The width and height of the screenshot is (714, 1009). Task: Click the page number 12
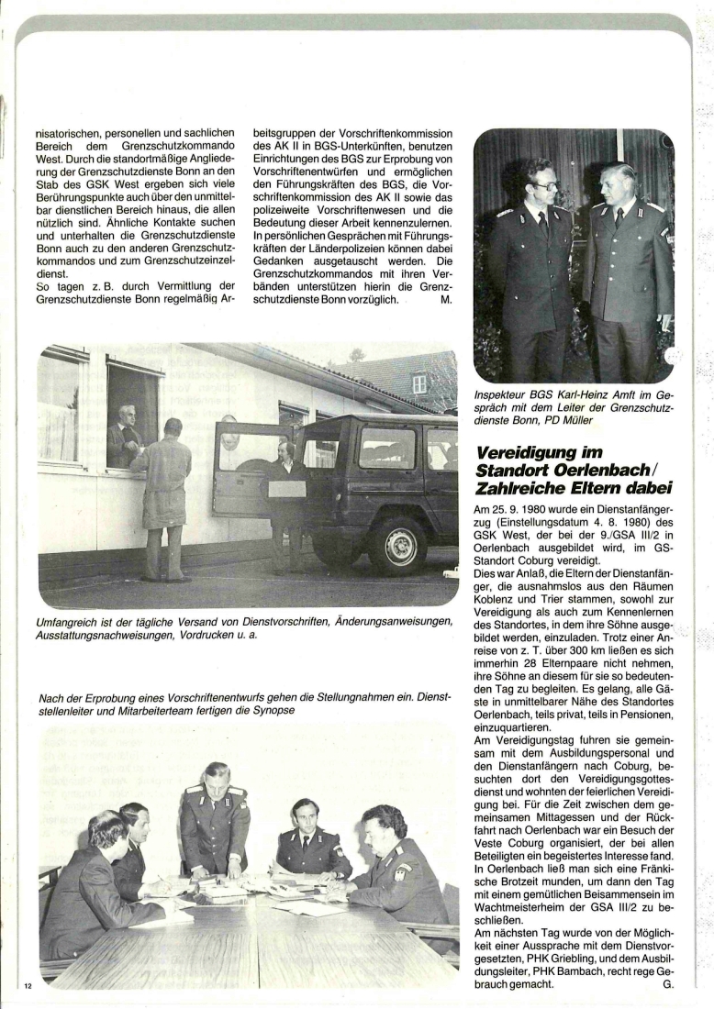tap(28, 985)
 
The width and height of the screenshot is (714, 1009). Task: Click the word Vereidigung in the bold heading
tap(523, 454)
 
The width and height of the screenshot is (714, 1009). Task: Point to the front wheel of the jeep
tap(400, 544)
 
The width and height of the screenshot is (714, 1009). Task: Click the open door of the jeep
tap(244, 469)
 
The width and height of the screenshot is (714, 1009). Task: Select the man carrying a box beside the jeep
tap(288, 500)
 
